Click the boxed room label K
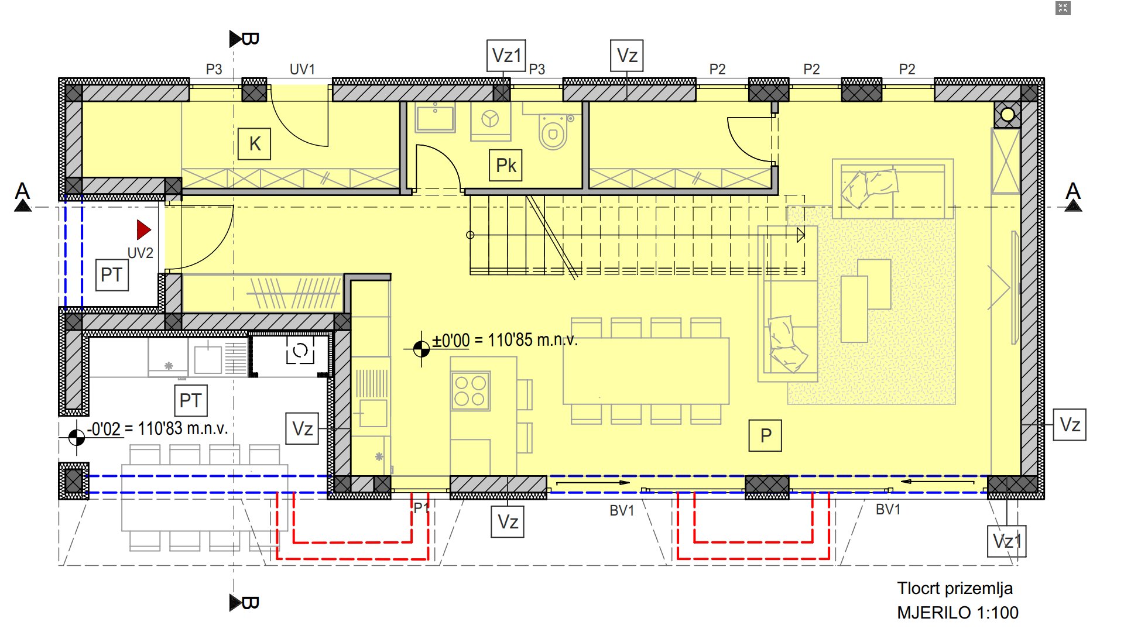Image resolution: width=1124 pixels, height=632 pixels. click(255, 144)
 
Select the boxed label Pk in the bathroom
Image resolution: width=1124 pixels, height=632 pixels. click(506, 165)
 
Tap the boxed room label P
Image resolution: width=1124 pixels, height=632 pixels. click(766, 435)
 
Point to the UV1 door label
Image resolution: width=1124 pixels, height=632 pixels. click(302, 69)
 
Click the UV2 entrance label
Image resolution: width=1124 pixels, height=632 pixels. click(140, 253)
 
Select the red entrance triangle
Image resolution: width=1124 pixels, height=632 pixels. click(143, 230)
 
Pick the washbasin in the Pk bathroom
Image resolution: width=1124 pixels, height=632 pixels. click(435, 118)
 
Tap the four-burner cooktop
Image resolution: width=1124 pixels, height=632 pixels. click(470, 391)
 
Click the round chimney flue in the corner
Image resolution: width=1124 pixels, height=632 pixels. click(1008, 115)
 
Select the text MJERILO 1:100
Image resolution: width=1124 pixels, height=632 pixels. click(958, 613)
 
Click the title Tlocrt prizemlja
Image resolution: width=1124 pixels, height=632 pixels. click(955, 588)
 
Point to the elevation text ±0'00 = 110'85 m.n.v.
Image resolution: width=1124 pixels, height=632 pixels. click(505, 340)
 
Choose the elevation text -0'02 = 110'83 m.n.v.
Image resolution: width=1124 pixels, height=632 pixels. click(157, 428)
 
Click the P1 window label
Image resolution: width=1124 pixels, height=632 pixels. click(421, 507)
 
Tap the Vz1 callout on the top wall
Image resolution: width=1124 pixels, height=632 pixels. click(506, 56)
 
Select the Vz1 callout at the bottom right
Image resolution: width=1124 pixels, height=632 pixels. click(1007, 541)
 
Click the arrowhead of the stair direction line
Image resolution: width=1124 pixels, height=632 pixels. click(801, 235)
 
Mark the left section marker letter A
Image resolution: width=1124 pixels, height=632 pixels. click(22, 191)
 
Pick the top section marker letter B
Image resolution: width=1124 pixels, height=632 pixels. click(250, 39)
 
